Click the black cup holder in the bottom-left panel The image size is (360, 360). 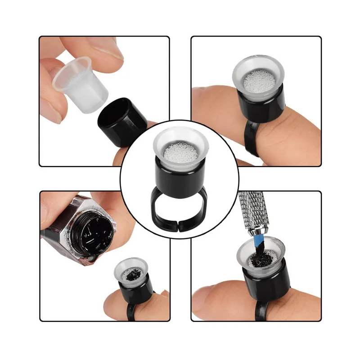click(134, 292)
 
